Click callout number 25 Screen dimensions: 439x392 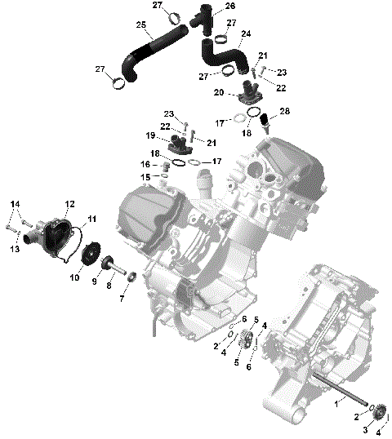click(x=141, y=26)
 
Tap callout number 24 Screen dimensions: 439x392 click(x=246, y=33)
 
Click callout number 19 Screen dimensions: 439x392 click(x=150, y=135)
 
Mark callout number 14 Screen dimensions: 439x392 click(x=14, y=203)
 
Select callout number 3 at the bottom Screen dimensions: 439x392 click(x=365, y=430)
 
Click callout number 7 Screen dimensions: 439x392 click(x=122, y=298)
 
